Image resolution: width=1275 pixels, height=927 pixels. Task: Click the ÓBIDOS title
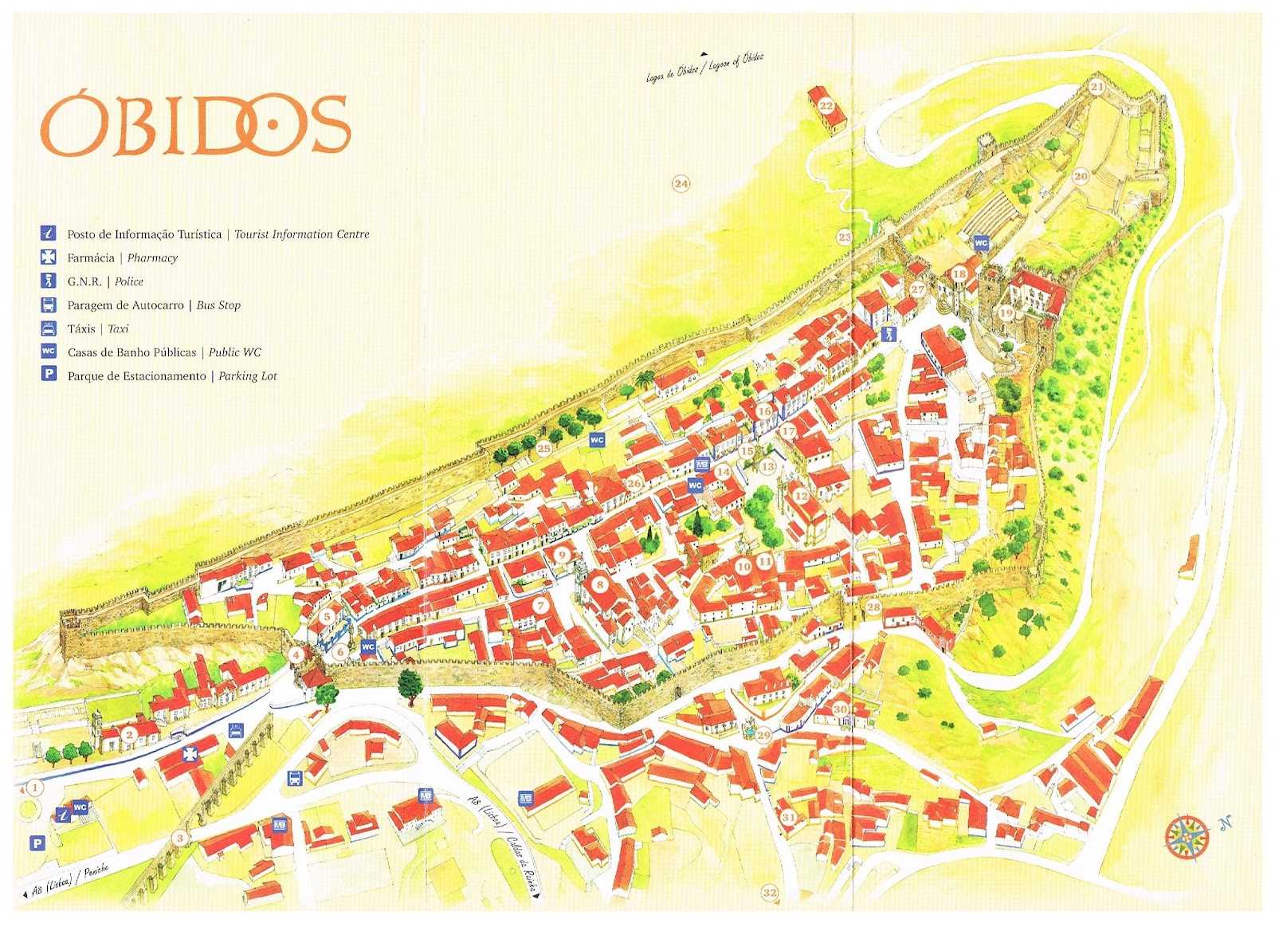click(195, 125)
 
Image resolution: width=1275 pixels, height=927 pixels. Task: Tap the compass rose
click(1187, 836)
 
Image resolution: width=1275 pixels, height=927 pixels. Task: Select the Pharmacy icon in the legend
click(49, 257)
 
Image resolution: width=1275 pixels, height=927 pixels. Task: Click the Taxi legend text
click(97, 328)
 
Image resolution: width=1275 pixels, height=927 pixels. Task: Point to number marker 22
click(826, 105)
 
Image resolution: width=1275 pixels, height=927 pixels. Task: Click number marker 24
click(681, 183)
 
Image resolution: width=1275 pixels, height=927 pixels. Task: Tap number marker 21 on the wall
click(1096, 87)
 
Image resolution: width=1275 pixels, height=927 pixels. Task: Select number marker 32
click(769, 892)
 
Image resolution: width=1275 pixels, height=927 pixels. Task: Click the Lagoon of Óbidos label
click(705, 65)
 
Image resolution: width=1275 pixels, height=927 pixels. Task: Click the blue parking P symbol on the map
click(37, 843)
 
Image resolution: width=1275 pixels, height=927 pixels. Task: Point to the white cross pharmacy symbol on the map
click(190, 753)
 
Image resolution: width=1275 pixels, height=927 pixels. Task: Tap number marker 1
click(34, 788)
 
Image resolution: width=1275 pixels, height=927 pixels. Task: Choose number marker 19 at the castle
click(1006, 312)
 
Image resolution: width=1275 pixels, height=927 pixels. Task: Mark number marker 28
click(873, 607)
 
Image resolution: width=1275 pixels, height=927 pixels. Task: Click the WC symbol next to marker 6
click(368, 646)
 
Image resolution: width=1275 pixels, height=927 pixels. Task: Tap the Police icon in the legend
click(49, 281)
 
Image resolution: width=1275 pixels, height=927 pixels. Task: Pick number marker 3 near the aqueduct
click(180, 837)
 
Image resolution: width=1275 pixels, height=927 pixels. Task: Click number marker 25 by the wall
click(543, 448)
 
